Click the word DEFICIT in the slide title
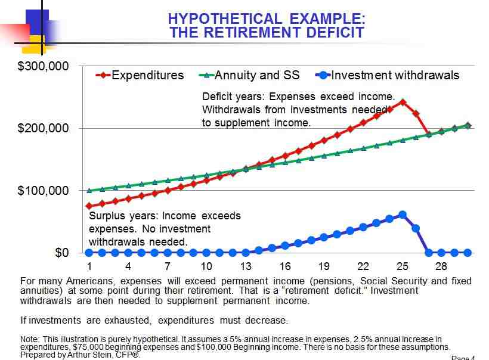tap(330, 32)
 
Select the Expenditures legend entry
tap(147, 75)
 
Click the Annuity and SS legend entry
tap(256, 75)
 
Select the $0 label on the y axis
tap(61, 253)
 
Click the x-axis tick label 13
tap(246, 266)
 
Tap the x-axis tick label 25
tap(402, 266)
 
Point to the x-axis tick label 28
tap(441, 266)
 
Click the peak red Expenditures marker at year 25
tap(403, 102)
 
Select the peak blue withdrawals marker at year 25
tap(403, 215)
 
